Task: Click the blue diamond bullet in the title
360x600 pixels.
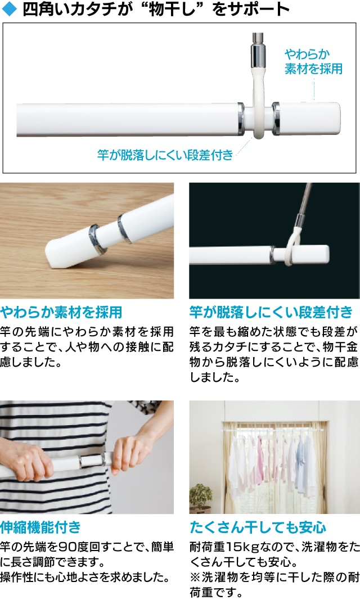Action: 10,10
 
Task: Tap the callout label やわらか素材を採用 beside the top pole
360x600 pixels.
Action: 313,61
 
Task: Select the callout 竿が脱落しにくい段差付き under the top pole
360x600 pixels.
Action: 165,155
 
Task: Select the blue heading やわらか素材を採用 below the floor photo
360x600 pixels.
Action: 61,313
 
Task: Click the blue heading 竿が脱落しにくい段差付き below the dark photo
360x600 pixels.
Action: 271,313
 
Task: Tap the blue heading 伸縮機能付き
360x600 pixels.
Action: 40,527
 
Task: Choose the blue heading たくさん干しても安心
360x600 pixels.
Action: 258,527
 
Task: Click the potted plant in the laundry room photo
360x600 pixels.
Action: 200,498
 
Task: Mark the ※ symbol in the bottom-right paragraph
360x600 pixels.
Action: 195,577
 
